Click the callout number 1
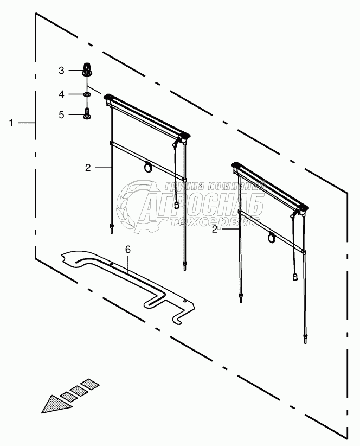coord(11,123)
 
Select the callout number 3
coord(62,70)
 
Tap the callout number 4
coord(62,94)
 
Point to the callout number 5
coord(62,114)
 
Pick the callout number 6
coord(128,250)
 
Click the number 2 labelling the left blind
coord(87,168)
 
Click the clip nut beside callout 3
coord(86,69)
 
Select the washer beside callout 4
coord(87,94)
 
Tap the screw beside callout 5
coord(87,114)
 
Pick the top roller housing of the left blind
coord(147,116)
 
